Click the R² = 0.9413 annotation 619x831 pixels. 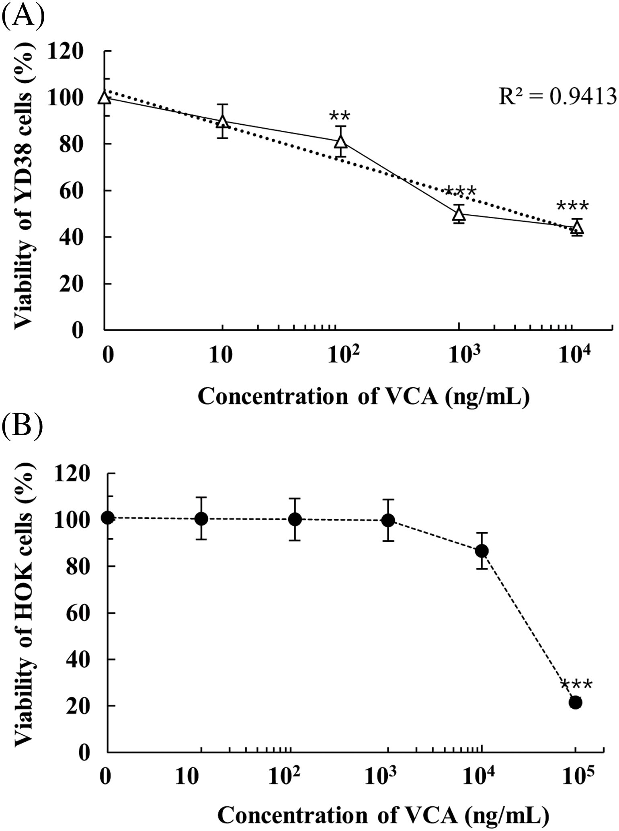pos(557,97)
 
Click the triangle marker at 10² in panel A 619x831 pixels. pos(341,141)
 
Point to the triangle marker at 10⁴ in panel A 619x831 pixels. pos(577,228)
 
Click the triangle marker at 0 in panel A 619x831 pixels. pos(105,97)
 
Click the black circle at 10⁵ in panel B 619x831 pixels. pos(575,703)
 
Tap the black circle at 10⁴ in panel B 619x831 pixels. pos(482,551)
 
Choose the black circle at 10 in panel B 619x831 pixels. pos(201,519)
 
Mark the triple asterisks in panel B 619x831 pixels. pos(576,685)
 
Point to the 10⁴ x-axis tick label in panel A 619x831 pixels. pos(576,355)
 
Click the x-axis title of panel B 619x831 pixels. pos(383,815)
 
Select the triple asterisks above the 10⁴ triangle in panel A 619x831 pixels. pos(573,206)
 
